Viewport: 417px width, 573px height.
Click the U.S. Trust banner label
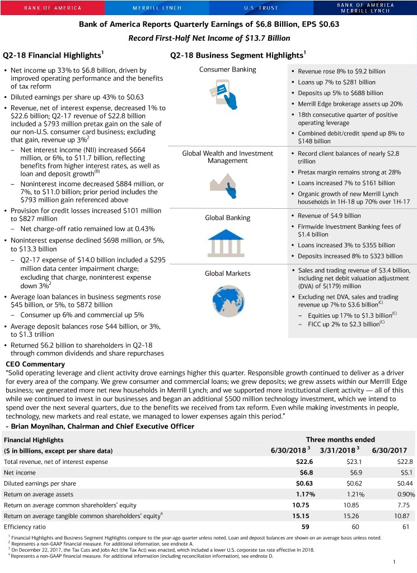[x=260, y=8]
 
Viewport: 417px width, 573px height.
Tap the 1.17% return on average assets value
[x=306, y=495]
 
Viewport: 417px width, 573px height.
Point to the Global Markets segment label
[x=227, y=274]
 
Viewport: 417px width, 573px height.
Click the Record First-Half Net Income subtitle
[x=209, y=38]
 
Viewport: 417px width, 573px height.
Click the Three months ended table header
[x=340, y=440]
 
